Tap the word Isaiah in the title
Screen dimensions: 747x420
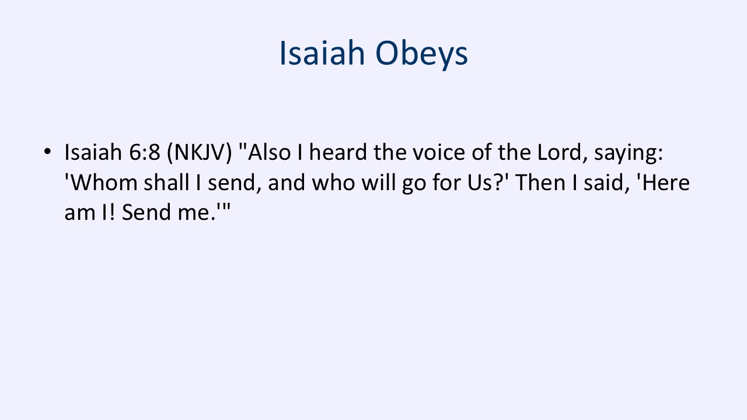pos(322,52)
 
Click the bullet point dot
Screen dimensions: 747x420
pos(47,151)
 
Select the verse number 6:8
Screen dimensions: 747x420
pos(144,152)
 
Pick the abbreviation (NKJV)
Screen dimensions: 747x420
pos(200,153)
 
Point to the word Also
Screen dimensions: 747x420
pos(270,152)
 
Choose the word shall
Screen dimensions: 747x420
pos(167,183)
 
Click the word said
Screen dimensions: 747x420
pos(604,183)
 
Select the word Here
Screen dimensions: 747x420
pos(666,183)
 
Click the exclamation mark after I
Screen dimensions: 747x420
pos(112,212)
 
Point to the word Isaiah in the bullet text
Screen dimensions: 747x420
pos(93,152)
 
